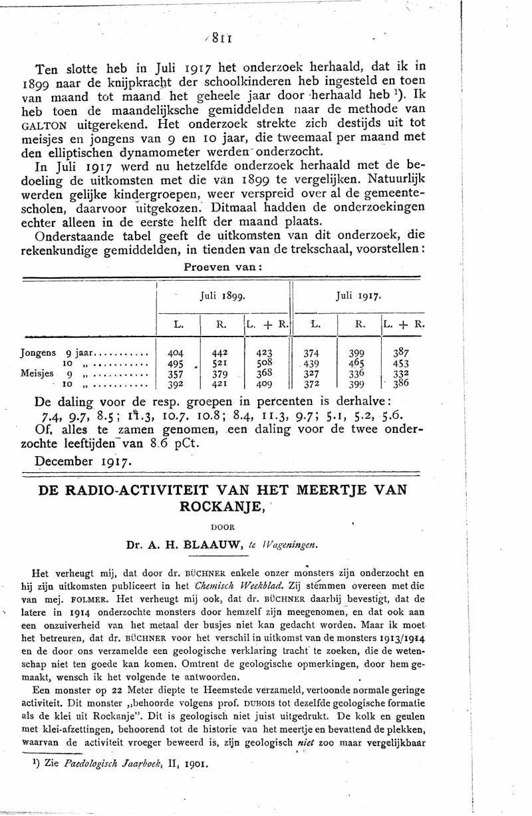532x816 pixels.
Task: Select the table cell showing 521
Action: (x=219, y=364)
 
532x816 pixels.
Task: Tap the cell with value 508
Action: (x=265, y=364)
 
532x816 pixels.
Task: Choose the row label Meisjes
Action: (x=37, y=374)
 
